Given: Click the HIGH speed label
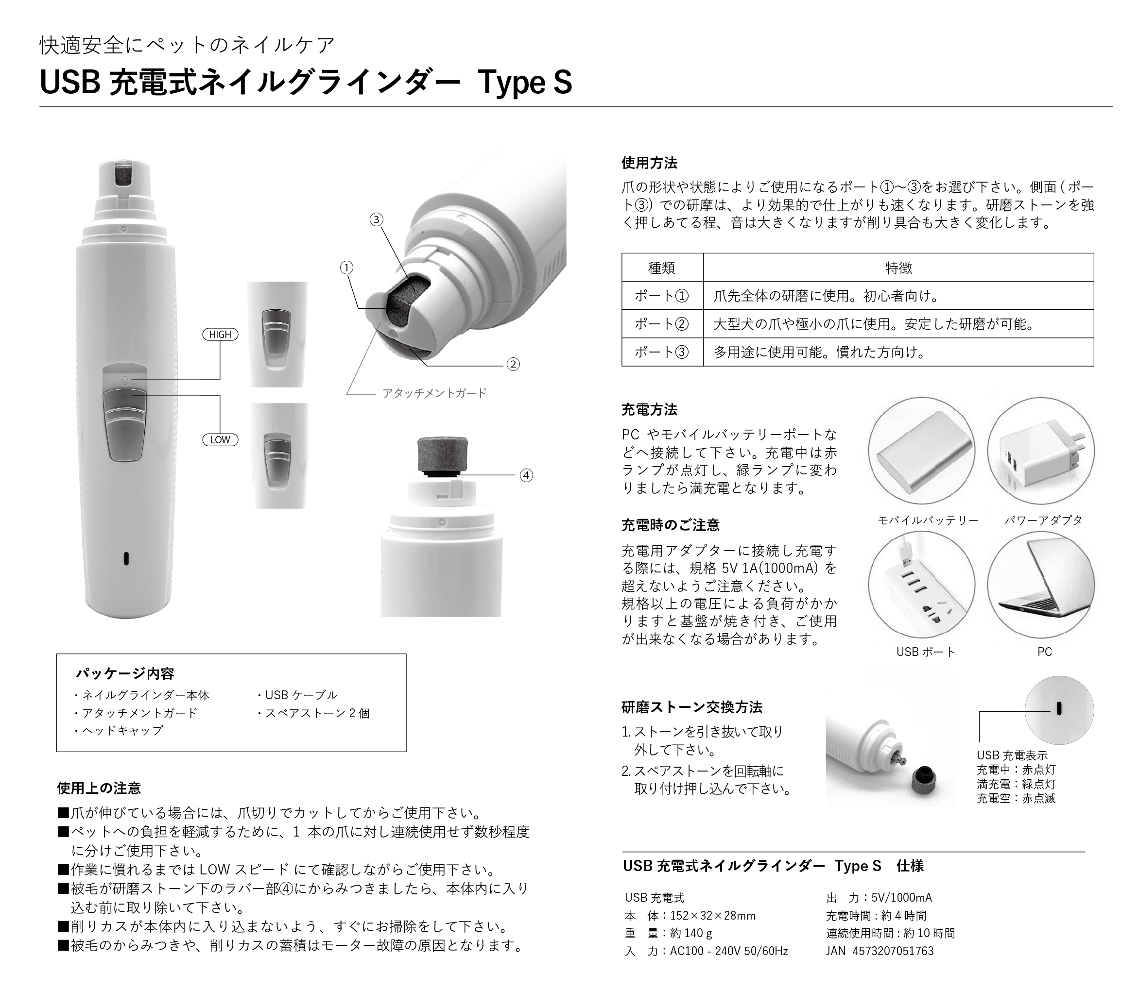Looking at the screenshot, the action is coord(220,334).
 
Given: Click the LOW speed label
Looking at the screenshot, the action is coord(220,440).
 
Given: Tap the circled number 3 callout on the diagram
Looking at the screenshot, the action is coord(376,220).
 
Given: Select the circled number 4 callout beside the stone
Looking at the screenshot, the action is coord(526,475).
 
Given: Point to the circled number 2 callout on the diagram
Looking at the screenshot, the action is coord(513,365).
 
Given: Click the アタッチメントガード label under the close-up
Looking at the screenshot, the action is coord(434,393).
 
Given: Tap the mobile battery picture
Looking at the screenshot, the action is coord(922,451).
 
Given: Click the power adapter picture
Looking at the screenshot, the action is coord(1041,451).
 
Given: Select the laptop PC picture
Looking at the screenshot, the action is coord(1041,585).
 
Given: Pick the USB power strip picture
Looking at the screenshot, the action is coord(922,585).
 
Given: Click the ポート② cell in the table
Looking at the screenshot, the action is coord(662,324).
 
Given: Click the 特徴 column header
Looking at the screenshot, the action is coord(898,268).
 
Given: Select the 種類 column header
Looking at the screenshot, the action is coord(662,268).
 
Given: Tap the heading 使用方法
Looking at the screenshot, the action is coord(649,163).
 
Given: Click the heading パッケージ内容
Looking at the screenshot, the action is coord(125,673).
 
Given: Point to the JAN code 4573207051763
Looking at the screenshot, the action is coord(894,951).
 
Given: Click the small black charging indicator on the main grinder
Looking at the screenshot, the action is coord(126,558).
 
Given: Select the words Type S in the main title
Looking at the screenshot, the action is coord(525,83).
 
